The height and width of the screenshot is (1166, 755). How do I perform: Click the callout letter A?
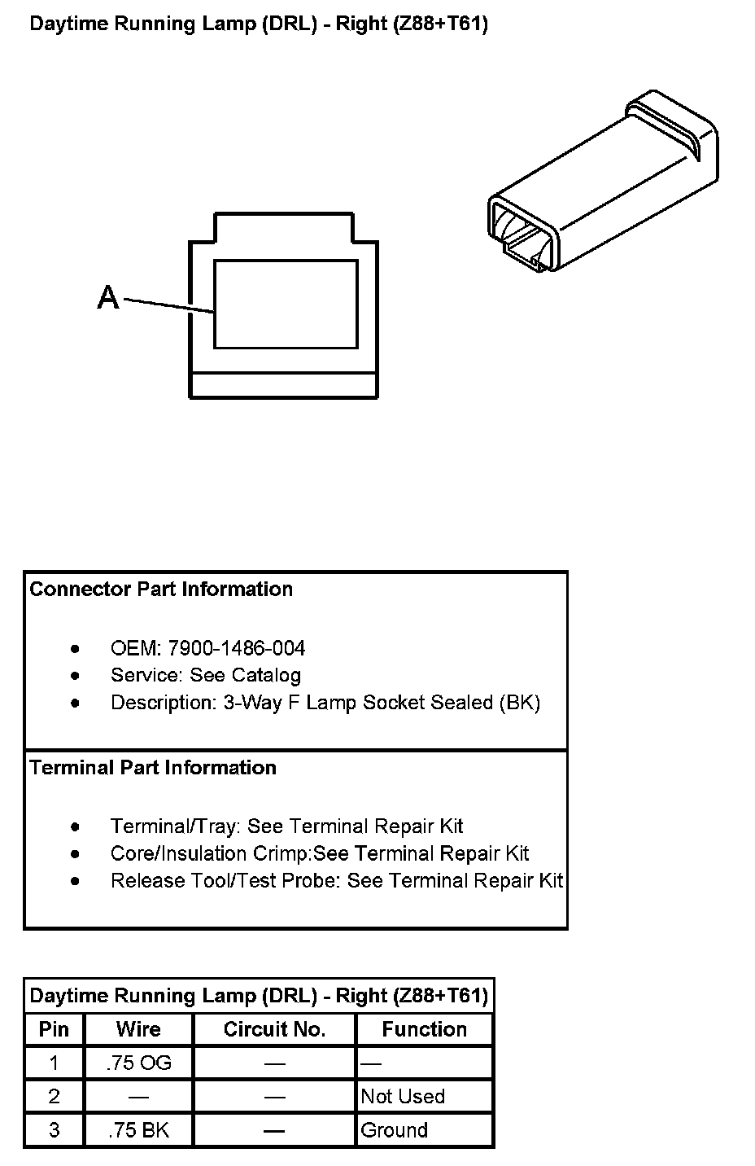point(108,298)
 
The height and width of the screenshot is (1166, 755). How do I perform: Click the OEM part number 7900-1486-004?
point(236,648)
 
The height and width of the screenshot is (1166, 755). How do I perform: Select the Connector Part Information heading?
point(161,589)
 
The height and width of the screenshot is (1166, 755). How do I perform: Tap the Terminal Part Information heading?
point(153,767)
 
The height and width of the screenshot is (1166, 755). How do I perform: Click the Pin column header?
point(54,1029)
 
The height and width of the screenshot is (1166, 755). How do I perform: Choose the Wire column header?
point(138,1029)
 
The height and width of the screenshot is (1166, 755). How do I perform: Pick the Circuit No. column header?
point(274,1029)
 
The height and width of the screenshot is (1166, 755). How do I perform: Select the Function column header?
point(424,1029)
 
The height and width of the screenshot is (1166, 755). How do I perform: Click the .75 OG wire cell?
point(138,1063)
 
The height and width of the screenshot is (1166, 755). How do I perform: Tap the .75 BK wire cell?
point(138,1130)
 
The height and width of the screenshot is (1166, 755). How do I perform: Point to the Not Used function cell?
point(403,1097)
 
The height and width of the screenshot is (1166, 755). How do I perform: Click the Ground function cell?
point(395,1130)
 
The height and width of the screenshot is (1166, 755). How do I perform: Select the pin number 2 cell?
point(54,1097)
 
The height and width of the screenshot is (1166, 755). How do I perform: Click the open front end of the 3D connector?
point(521,232)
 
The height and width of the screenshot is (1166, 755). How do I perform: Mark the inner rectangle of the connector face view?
point(286,304)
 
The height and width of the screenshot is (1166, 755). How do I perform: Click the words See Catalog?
point(246,675)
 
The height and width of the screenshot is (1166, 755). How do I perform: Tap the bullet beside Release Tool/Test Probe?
point(76,880)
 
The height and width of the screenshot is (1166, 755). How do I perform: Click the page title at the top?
point(259,24)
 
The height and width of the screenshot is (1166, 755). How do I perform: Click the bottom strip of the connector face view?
point(283,386)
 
